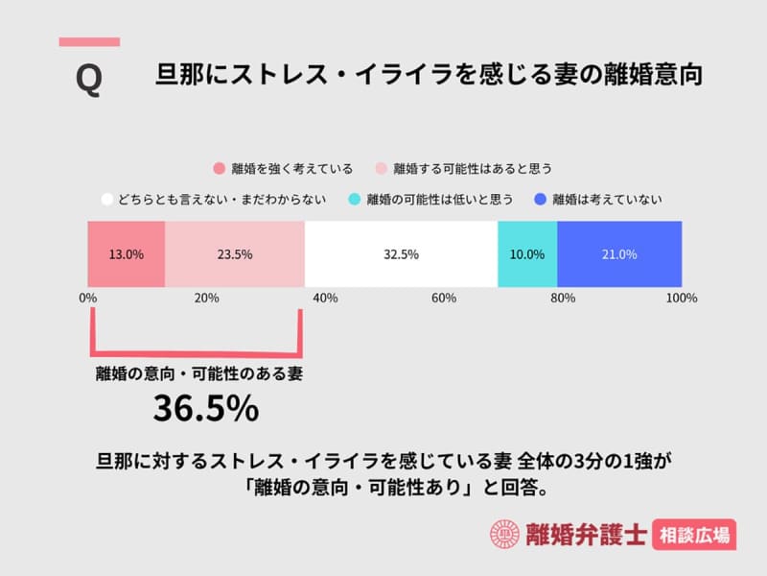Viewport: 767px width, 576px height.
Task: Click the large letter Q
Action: (88, 80)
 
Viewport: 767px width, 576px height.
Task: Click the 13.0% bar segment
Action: (127, 254)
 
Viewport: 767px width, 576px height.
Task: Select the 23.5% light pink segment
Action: (235, 254)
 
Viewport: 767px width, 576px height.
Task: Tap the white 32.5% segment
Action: (401, 254)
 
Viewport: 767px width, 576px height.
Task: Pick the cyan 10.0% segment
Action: (527, 254)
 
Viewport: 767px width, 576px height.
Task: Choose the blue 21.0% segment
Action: (619, 254)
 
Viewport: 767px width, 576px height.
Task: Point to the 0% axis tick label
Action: (88, 299)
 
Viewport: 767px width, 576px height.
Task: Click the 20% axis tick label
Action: (206, 299)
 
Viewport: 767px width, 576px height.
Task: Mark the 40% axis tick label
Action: (325, 299)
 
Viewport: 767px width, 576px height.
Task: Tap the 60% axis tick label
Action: (444, 299)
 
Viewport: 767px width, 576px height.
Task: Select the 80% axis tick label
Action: (563, 299)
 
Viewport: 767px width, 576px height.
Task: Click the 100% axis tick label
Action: (682, 299)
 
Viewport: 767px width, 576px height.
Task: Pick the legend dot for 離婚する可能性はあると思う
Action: (381, 168)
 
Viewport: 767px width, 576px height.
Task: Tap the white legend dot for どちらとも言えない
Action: (107, 200)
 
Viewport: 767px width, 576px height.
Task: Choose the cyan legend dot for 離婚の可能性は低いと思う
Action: (354, 200)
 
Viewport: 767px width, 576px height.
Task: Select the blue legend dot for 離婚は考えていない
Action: (540, 200)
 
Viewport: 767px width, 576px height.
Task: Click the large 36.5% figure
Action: (206, 408)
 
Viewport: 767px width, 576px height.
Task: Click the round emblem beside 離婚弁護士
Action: (503, 535)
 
